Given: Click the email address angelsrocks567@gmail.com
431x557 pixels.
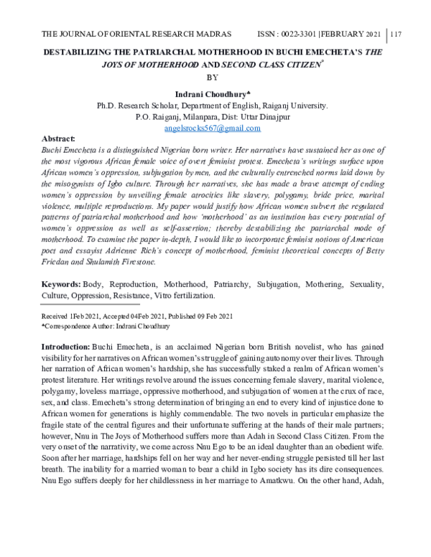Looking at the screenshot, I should [x=212, y=128].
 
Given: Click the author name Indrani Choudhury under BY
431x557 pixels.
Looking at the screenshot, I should [x=210, y=93].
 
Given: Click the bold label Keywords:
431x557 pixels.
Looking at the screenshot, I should [x=61, y=285].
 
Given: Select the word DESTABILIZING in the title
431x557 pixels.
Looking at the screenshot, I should [x=78, y=52].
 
